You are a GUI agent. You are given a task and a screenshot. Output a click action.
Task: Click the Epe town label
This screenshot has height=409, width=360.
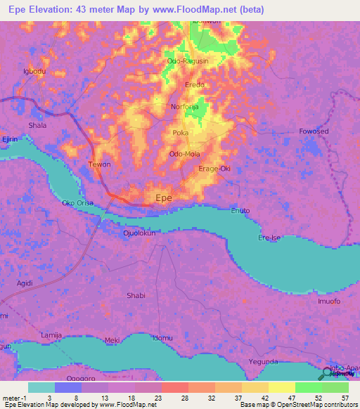(x=163, y=198)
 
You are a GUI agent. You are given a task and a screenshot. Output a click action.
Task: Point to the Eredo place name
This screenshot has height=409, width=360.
(x=195, y=85)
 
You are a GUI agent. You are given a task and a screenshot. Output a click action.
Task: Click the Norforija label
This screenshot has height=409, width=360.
(x=186, y=108)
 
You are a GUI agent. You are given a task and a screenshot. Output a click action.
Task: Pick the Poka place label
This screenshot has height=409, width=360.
(x=180, y=132)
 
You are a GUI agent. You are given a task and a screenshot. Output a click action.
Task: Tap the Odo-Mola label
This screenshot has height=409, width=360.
(x=186, y=154)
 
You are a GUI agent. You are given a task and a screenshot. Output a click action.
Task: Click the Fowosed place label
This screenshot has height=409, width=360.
(x=314, y=131)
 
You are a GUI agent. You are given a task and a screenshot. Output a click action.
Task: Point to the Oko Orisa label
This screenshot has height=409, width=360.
(x=77, y=204)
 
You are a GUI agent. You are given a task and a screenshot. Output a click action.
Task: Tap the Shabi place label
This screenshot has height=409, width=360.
(x=136, y=296)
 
